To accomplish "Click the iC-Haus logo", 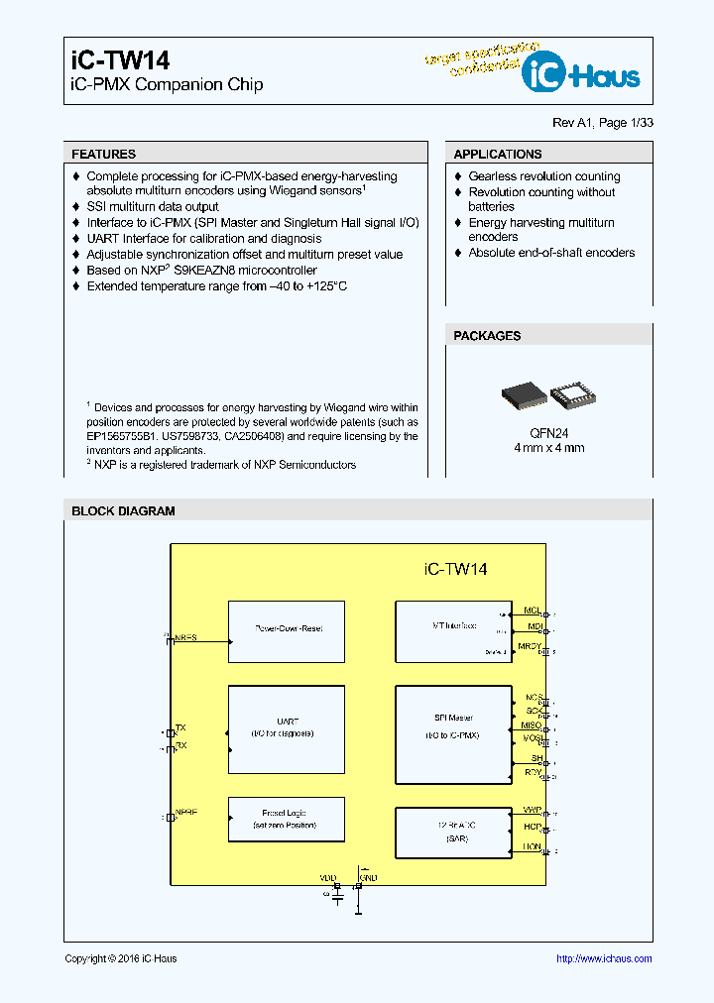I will [x=582, y=73].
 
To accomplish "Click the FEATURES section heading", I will [x=103, y=155].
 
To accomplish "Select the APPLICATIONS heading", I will [x=497, y=155].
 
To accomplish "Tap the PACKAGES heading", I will [x=487, y=336].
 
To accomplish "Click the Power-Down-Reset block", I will [x=287, y=629].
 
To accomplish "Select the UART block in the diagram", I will [x=287, y=727].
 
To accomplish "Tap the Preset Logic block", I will [x=287, y=819].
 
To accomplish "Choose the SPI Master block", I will [x=454, y=727].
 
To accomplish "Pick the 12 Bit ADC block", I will [x=454, y=833].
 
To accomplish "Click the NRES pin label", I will [x=185, y=638].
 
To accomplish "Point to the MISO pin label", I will [x=532, y=725].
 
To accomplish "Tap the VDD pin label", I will [x=328, y=878].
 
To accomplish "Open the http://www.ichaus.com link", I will [x=603, y=958].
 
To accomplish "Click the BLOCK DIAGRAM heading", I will [x=123, y=511].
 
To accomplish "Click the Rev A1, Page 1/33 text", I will [x=602, y=123].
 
